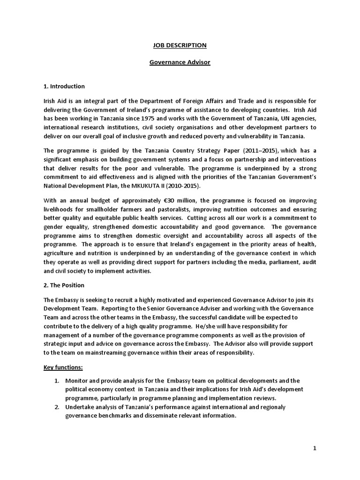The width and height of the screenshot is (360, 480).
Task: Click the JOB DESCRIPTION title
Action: [x=180, y=45]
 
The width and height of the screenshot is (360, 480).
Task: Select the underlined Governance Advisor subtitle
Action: [x=180, y=62]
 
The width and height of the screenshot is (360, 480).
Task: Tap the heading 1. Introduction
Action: [x=64, y=86]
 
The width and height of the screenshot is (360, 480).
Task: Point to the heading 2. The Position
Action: [x=64, y=285]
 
